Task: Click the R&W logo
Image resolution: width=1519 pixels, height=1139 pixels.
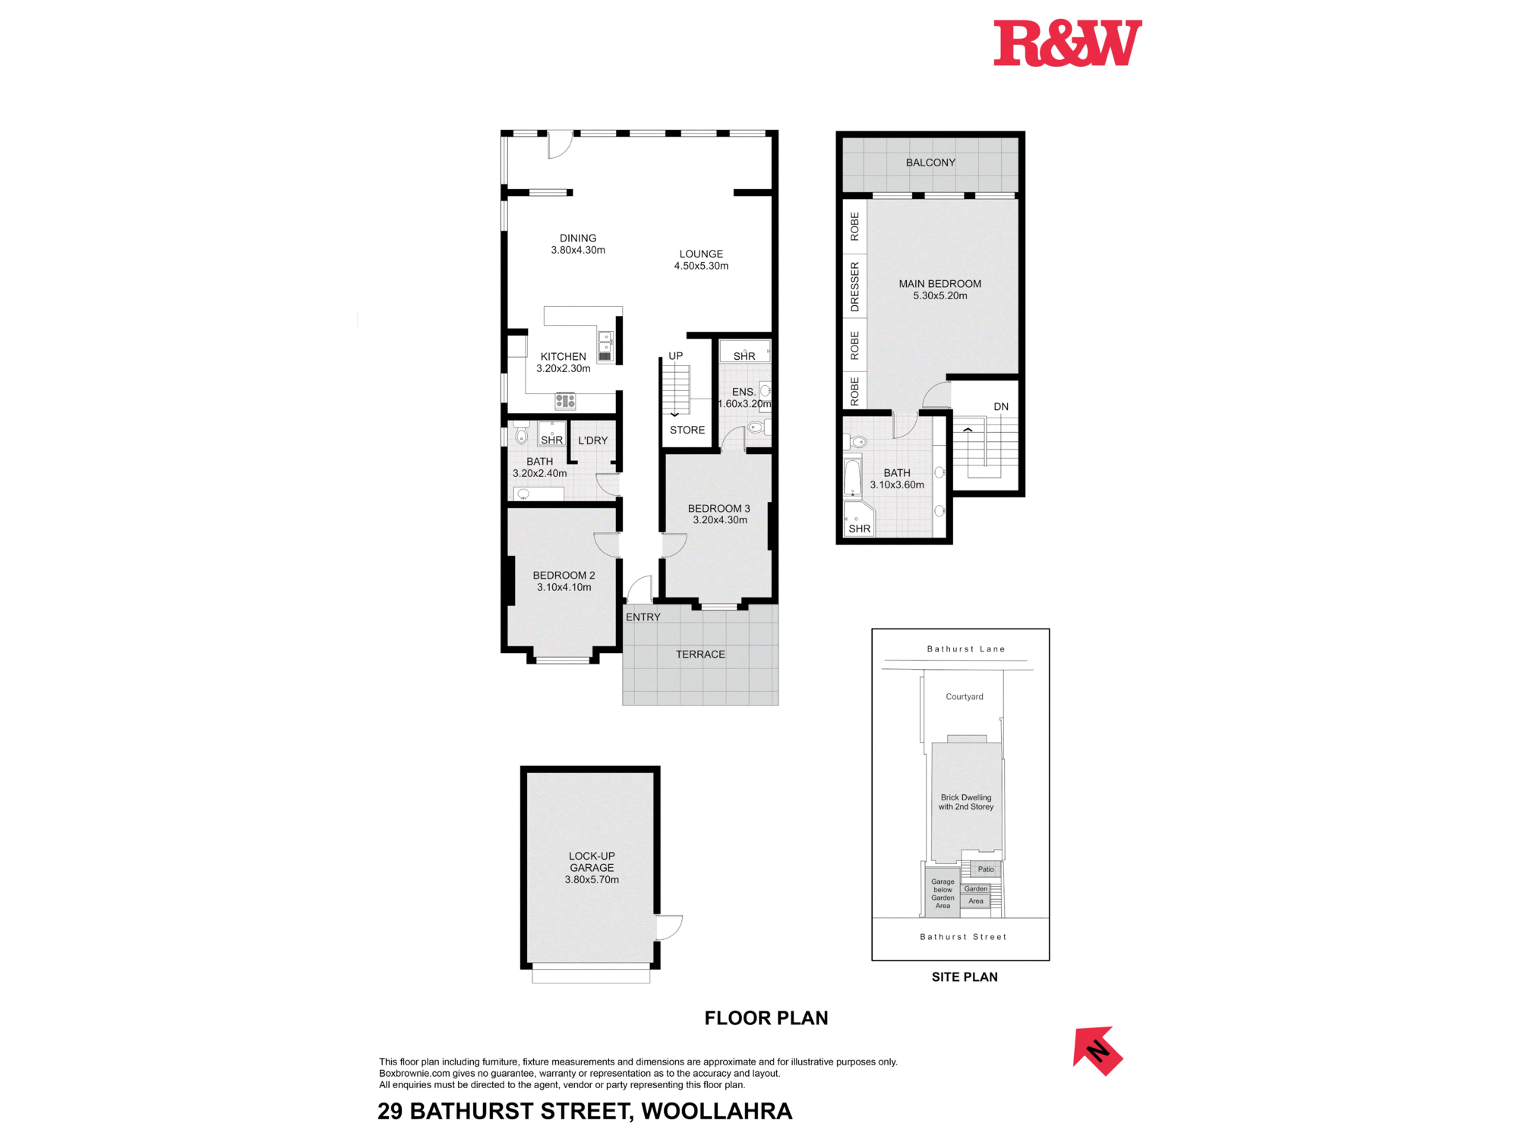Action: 1067,43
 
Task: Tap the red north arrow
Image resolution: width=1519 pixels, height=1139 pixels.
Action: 1097,1051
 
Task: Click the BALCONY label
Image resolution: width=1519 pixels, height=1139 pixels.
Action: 930,162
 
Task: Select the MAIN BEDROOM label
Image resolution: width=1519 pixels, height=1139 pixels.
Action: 940,284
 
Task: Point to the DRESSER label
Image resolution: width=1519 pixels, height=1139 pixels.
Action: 854,287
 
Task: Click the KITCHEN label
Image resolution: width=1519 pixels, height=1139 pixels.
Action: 563,357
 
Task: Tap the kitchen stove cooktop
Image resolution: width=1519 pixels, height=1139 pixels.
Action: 565,400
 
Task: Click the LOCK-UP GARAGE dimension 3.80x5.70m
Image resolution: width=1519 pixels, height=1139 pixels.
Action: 592,880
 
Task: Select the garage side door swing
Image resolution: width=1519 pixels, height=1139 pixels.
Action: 669,927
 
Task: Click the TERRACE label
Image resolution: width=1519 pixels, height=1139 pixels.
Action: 700,655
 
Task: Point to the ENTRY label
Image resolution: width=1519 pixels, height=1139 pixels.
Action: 643,617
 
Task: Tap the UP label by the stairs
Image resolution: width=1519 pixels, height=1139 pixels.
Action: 675,356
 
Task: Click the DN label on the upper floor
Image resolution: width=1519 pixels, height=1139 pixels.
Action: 1001,407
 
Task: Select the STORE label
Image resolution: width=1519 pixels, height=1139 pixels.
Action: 687,431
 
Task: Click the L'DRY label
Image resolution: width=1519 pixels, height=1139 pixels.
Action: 592,440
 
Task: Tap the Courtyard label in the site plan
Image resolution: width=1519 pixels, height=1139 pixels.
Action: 964,697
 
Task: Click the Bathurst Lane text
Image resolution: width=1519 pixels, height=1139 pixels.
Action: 965,649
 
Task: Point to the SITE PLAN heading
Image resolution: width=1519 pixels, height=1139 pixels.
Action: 965,977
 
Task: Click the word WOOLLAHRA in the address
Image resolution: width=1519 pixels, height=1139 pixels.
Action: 716,1112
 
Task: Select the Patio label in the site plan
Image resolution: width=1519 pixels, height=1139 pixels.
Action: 985,869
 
